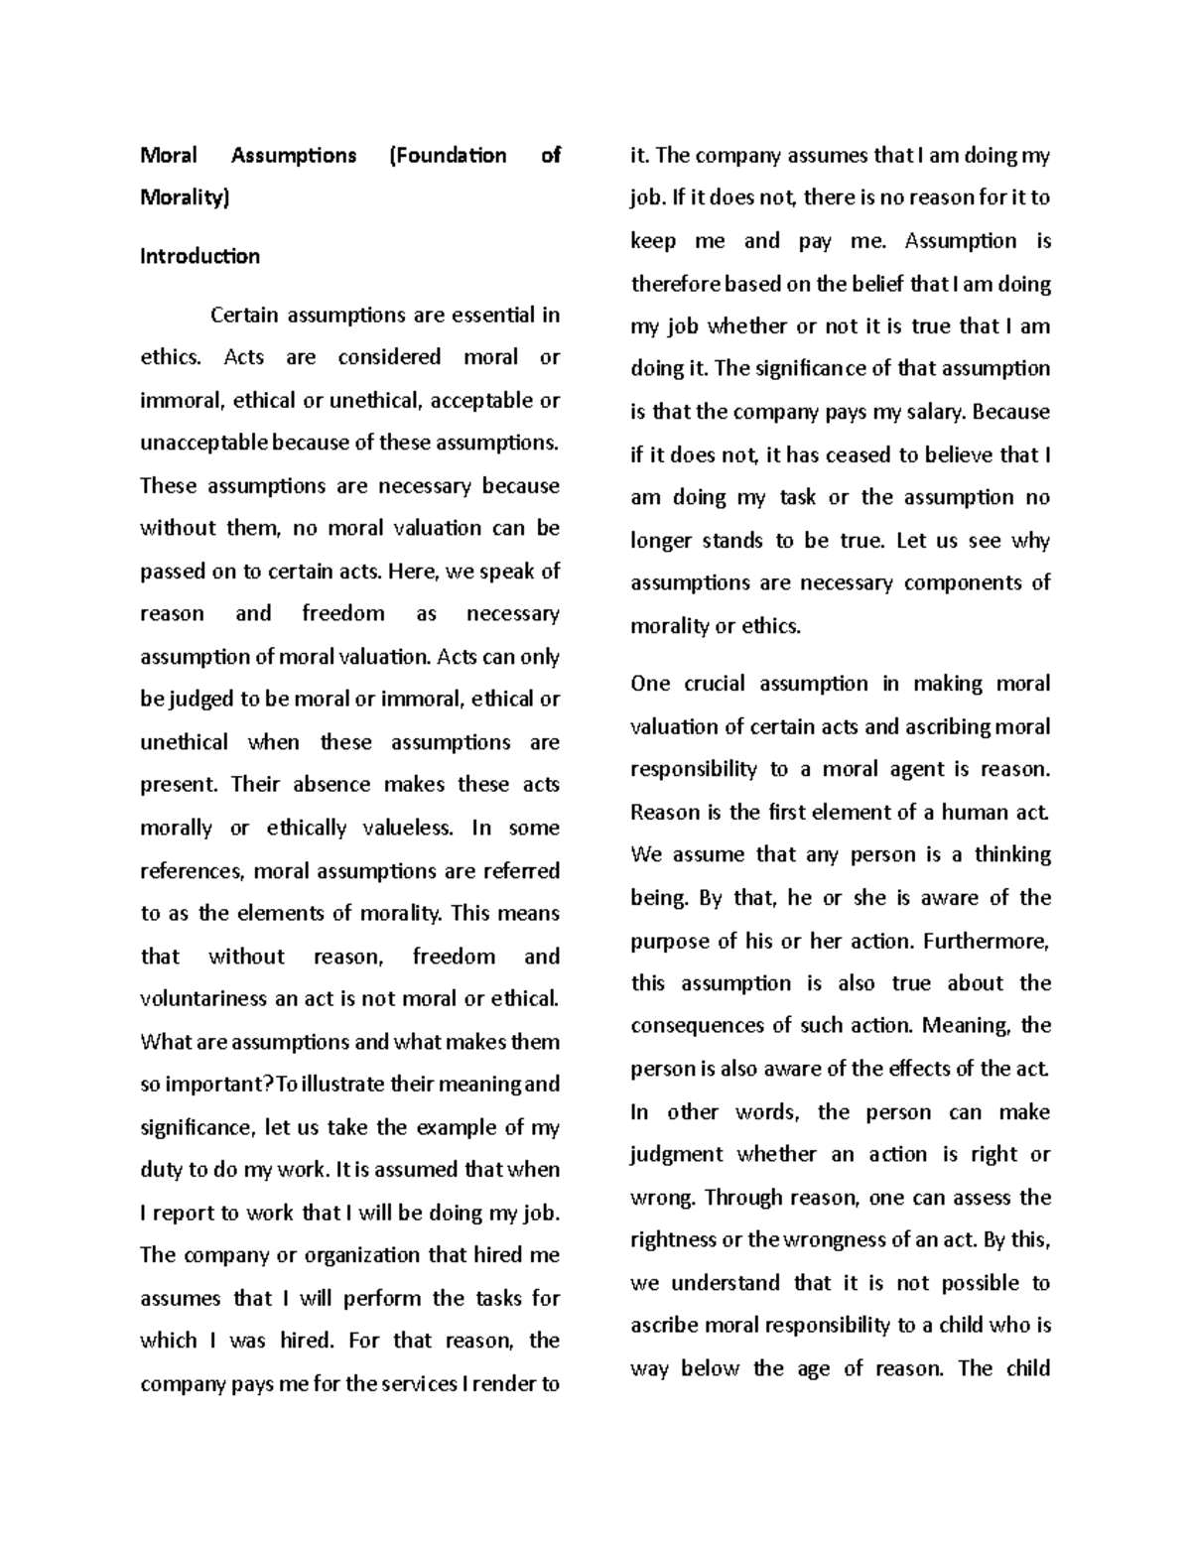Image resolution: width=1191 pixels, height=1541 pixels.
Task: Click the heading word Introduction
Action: pyautogui.click(x=199, y=256)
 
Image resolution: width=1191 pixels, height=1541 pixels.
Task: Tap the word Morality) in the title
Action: pyautogui.click(x=185, y=197)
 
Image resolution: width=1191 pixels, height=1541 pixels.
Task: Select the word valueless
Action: pyautogui.click(x=394, y=828)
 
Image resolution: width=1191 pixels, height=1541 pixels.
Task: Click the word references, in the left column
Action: pyautogui.click(x=193, y=871)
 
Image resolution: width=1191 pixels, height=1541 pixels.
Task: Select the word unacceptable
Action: pyautogui.click(x=203, y=443)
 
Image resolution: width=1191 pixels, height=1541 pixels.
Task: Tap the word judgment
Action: pyautogui.click(x=677, y=1155)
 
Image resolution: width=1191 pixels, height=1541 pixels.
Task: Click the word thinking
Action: pyautogui.click(x=1011, y=854)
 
